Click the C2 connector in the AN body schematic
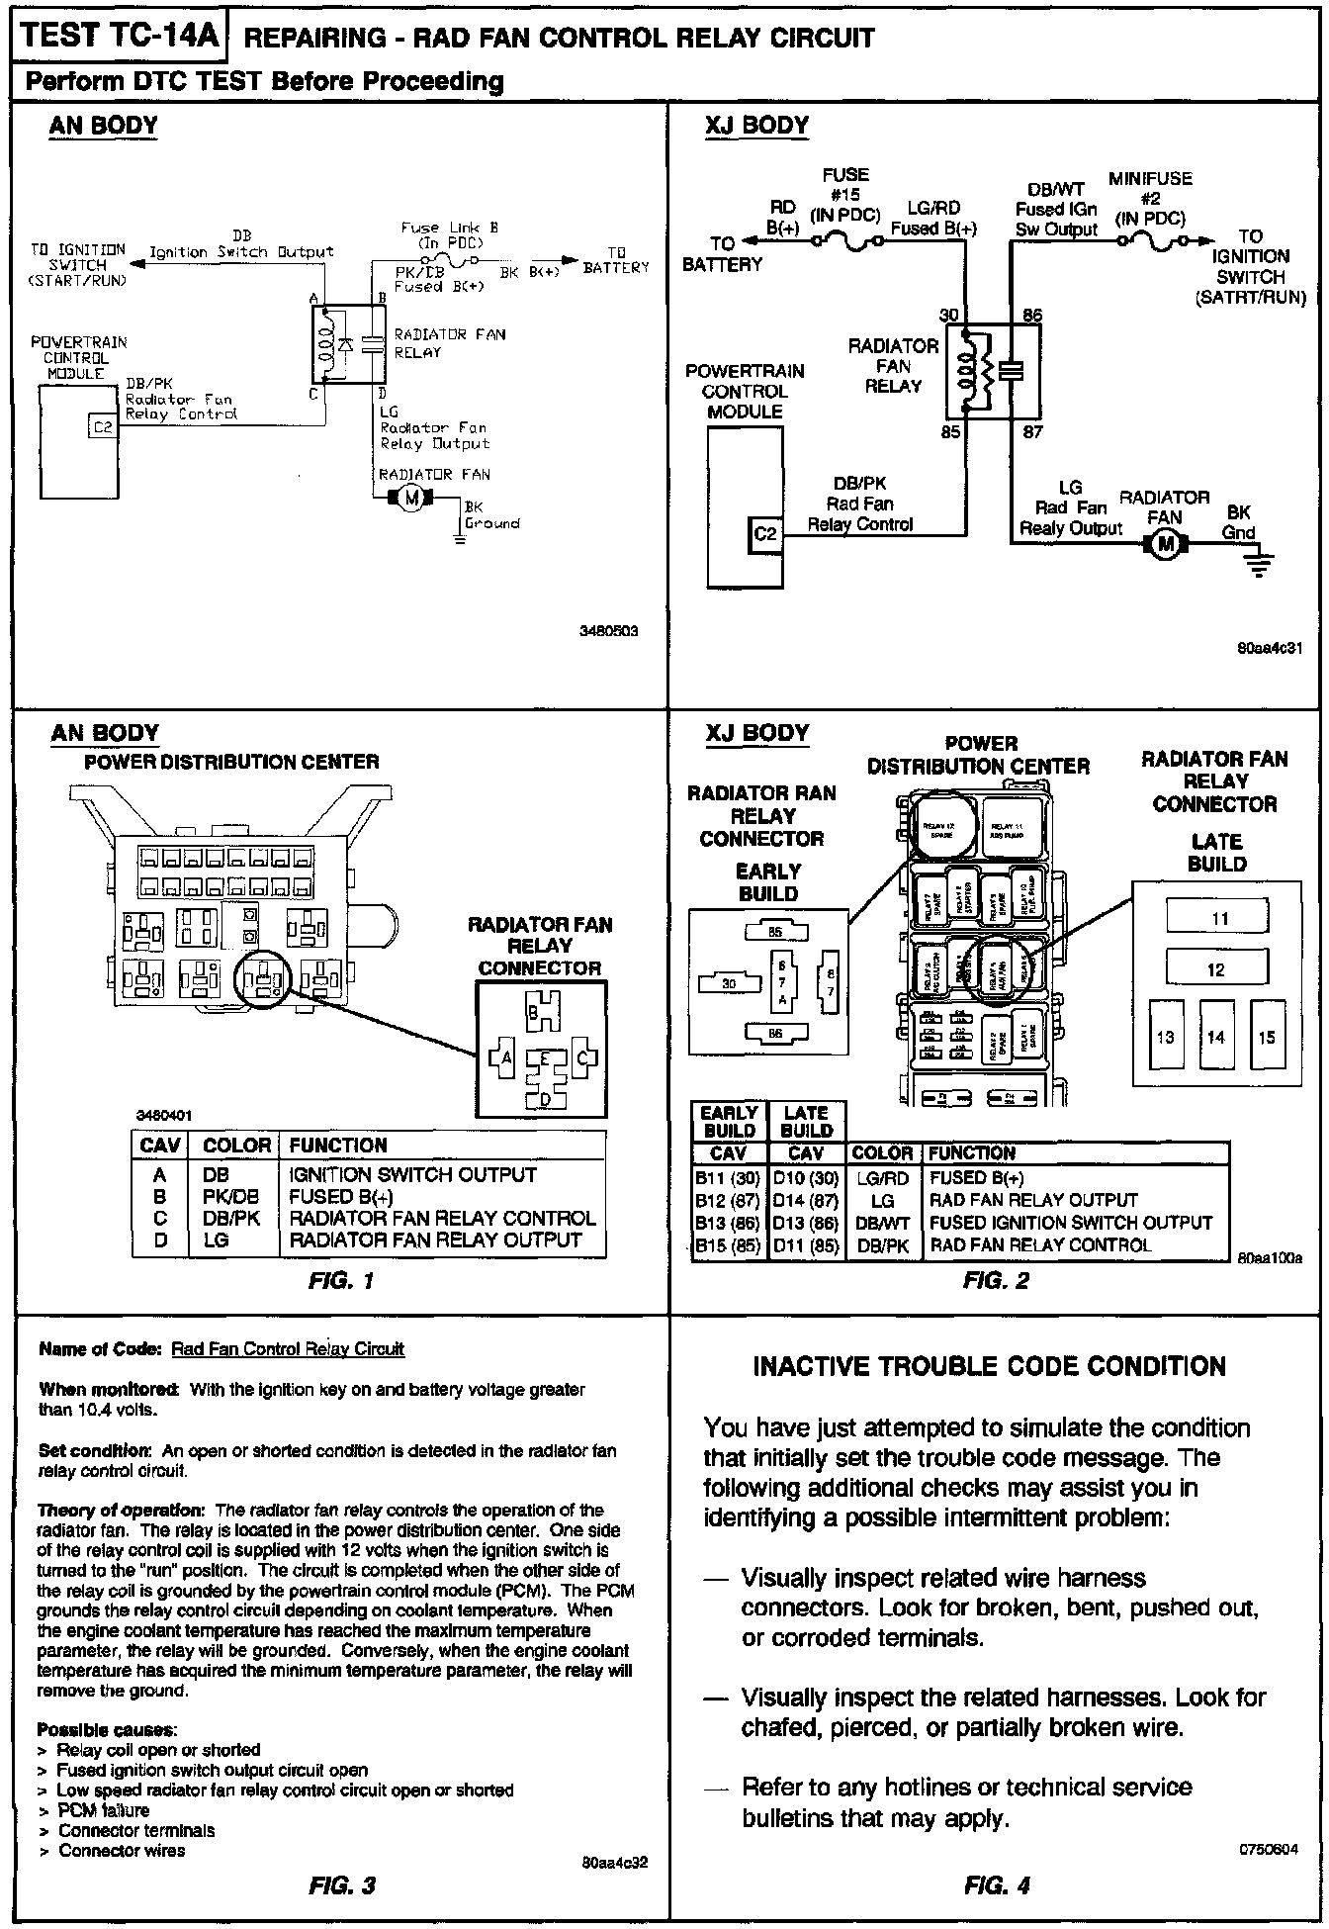pos(103,427)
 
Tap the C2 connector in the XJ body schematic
pos(766,534)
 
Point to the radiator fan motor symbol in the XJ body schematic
pos(1165,543)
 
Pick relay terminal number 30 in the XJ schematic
pos(948,316)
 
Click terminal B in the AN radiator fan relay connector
pos(533,1013)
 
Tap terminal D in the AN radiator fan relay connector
pos(544,1098)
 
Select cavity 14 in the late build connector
pos(1215,1037)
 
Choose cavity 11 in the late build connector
pos(1218,918)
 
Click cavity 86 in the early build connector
pos(774,1034)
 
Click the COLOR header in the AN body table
pos(236,1146)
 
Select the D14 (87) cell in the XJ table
pos(805,1201)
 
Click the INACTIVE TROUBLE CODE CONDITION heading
pos(989,1366)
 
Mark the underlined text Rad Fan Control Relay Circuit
pos(288,1348)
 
